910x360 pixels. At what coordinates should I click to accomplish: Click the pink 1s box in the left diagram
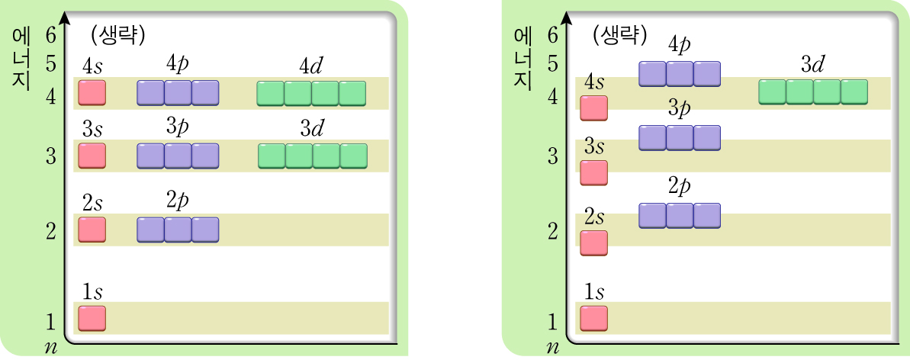92,319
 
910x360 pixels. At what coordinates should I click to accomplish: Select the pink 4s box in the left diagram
92,93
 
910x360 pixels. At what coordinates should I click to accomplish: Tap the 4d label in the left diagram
311,66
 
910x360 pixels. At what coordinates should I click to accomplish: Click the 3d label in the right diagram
812,66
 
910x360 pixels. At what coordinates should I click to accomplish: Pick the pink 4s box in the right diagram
594,108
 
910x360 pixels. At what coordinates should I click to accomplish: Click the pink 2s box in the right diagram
594,243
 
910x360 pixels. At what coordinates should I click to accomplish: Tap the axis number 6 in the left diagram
51,36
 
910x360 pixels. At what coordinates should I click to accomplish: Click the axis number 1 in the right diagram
553,323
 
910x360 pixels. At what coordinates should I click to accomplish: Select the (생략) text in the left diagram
117,34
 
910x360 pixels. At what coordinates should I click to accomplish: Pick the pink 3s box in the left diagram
92,156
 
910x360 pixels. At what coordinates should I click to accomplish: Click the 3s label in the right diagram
594,146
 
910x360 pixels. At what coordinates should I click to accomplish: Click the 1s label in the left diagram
92,291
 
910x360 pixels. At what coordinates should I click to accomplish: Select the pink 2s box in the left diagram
92,230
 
